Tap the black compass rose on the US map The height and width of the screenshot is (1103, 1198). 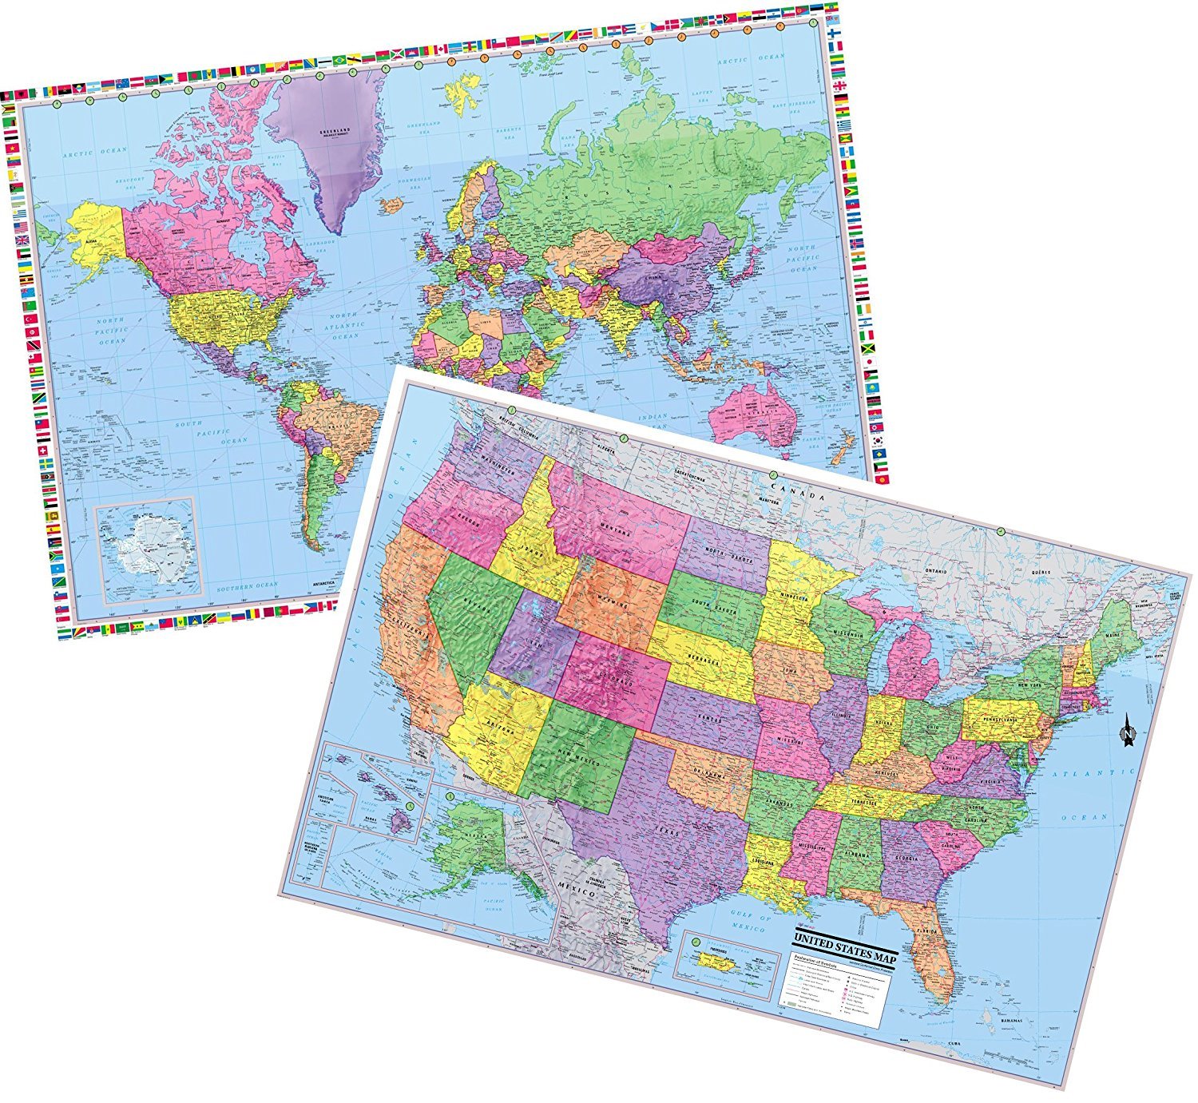pyautogui.click(x=1129, y=729)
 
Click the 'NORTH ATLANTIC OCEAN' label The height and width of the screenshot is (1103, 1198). pyautogui.click(x=346, y=325)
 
